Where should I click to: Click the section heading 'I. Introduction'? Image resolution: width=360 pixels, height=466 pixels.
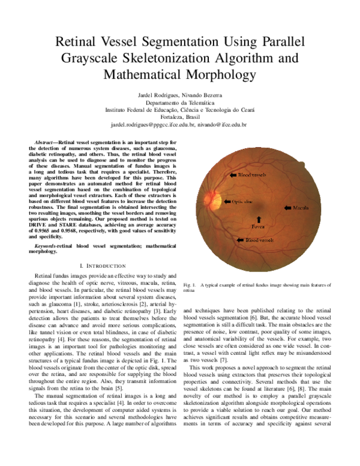click(103, 265)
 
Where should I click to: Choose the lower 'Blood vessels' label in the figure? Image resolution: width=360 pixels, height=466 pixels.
click(259, 240)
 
